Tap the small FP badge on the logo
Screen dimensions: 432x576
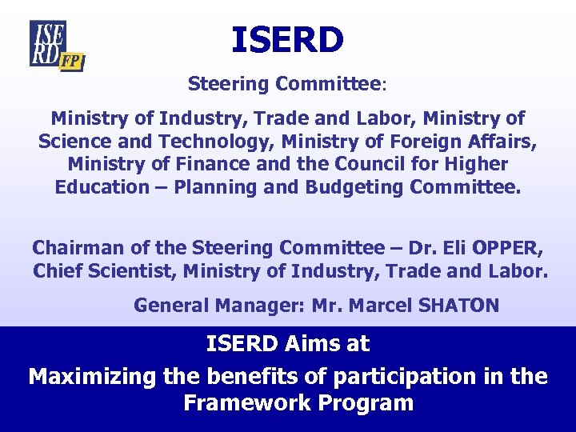[x=72, y=61]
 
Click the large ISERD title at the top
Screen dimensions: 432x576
[x=287, y=40]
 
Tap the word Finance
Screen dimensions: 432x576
[x=205, y=165]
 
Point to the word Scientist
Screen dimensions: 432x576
[x=129, y=271]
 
